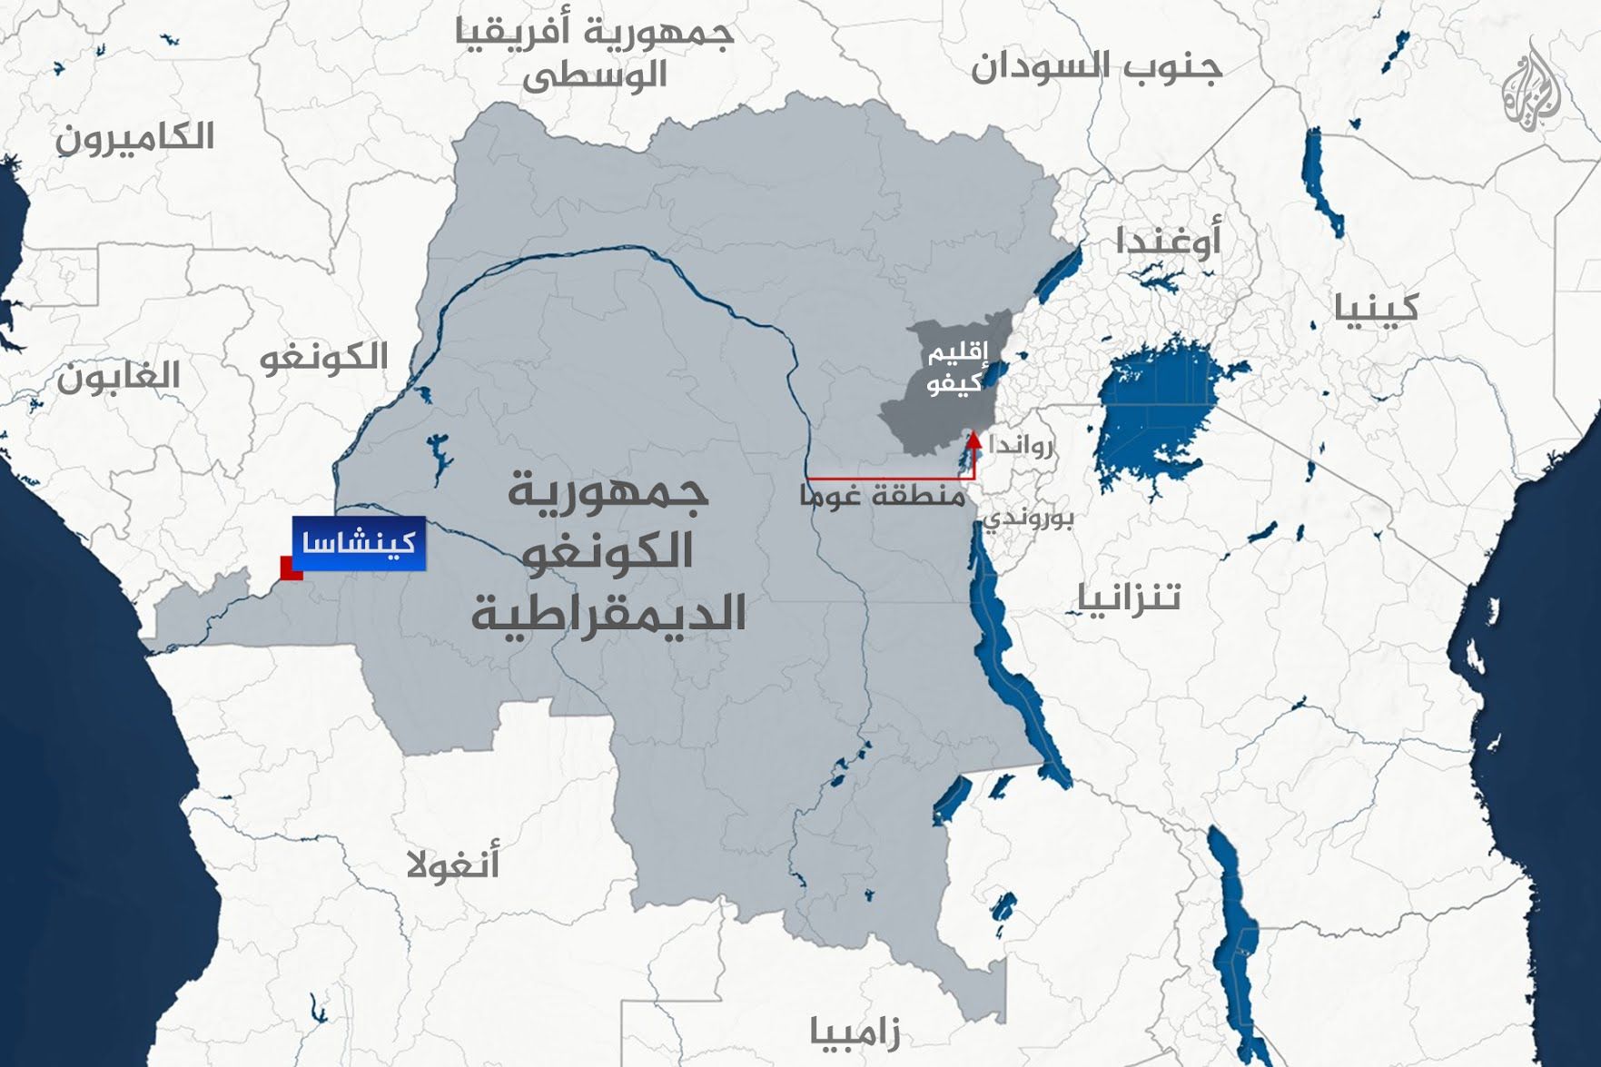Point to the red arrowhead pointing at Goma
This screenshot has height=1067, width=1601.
(973, 441)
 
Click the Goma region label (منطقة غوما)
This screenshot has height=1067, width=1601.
(882, 496)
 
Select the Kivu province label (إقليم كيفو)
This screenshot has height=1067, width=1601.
(955, 369)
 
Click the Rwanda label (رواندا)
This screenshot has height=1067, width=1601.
(1023, 446)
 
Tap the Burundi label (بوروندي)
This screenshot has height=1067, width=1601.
(1030, 519)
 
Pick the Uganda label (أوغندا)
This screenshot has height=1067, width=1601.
(1168, 241)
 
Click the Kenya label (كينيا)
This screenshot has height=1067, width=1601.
(1376, 308)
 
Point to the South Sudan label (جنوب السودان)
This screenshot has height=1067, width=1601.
(1097, 67)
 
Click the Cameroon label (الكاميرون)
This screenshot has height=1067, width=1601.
(135, 138)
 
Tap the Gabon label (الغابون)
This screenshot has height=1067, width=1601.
(119, 376)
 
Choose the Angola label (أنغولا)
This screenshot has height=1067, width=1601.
(453, 864)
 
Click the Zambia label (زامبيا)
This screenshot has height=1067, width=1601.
(855, 1032)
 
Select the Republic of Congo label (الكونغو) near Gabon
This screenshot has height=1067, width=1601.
(324, 357)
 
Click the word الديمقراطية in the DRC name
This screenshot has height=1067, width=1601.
(608, 613)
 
